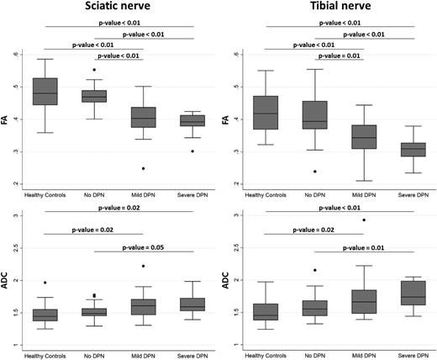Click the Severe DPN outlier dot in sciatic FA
click(x=192, y=151)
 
